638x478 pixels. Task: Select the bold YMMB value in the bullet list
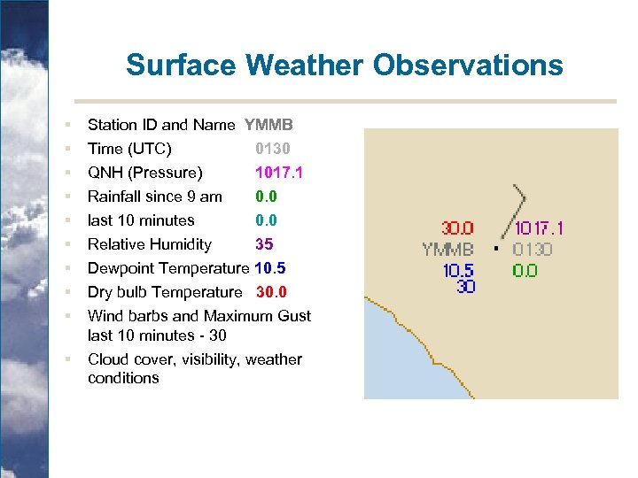[268, 126]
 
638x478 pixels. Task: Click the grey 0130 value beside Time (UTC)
[272, 149]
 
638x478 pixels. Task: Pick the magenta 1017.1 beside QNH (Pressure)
[278, 173]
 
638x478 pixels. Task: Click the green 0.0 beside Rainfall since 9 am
[266, 197]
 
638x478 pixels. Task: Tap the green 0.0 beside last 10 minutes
[266, 220]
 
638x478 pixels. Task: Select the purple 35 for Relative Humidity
[264, 244]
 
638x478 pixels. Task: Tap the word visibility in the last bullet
[206, 359]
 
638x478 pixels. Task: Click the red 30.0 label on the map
[458, 229]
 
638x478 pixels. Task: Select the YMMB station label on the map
[447, 250]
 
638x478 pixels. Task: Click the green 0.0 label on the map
[525, 271]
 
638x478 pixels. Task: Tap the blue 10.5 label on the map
[458, 271]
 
